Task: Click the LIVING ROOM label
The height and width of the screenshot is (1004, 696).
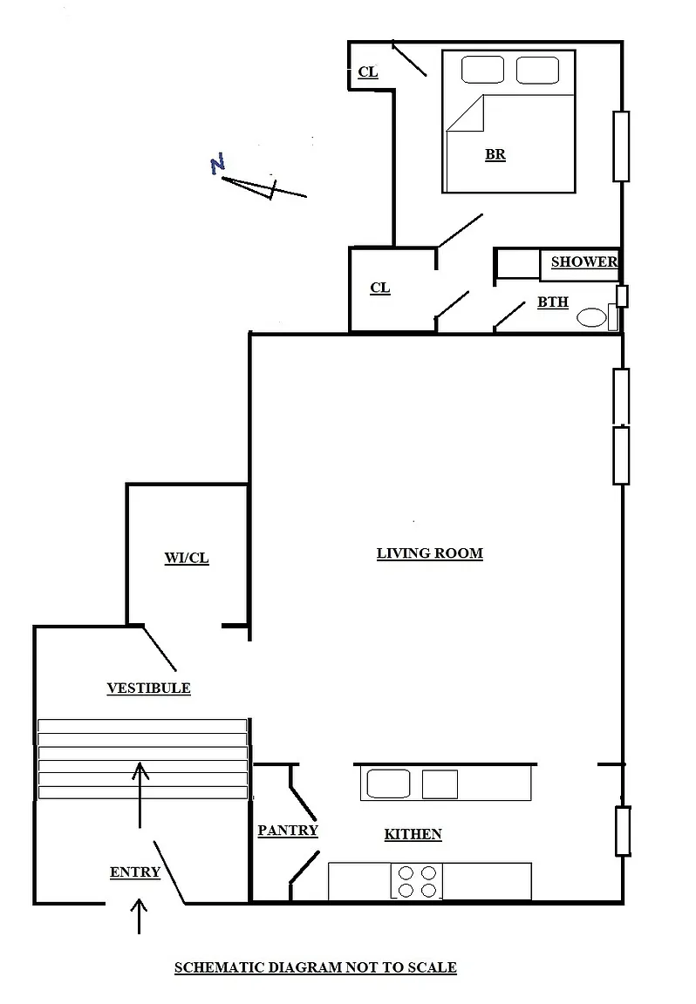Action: tap(429, 553)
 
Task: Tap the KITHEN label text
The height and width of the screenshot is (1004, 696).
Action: tap(413, 834)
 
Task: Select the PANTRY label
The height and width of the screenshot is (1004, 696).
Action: tap(288, 830)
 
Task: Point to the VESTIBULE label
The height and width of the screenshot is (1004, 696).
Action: tap(148, 689)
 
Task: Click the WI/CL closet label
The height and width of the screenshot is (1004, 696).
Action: tap(187, 558)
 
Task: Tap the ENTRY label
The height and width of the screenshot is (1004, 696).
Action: tap(134, 872)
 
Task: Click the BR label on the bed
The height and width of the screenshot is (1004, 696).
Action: tap(495, 154)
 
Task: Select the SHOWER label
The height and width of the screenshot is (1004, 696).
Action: tap(583, 261)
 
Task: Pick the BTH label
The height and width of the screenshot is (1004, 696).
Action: tap(553, 302)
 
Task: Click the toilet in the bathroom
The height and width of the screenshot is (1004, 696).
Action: tap(591, 317)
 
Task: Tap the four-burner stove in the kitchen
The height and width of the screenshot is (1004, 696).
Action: tap(417, 881)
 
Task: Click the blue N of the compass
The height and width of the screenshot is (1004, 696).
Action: tap(218, 164)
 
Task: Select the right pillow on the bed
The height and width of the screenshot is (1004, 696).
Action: tap(538, 70)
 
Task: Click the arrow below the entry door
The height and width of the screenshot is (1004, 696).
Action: tap(139, 916)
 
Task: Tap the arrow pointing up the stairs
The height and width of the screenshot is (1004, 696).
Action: tap(140, 794)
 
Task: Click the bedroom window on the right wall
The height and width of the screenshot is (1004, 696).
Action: tap(621, 146)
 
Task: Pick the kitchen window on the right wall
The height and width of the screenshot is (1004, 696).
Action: tap(623, 831)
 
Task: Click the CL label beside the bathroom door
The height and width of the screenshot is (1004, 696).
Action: tap(380, 288)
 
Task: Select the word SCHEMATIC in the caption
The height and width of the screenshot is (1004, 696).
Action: tap(219, 967)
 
